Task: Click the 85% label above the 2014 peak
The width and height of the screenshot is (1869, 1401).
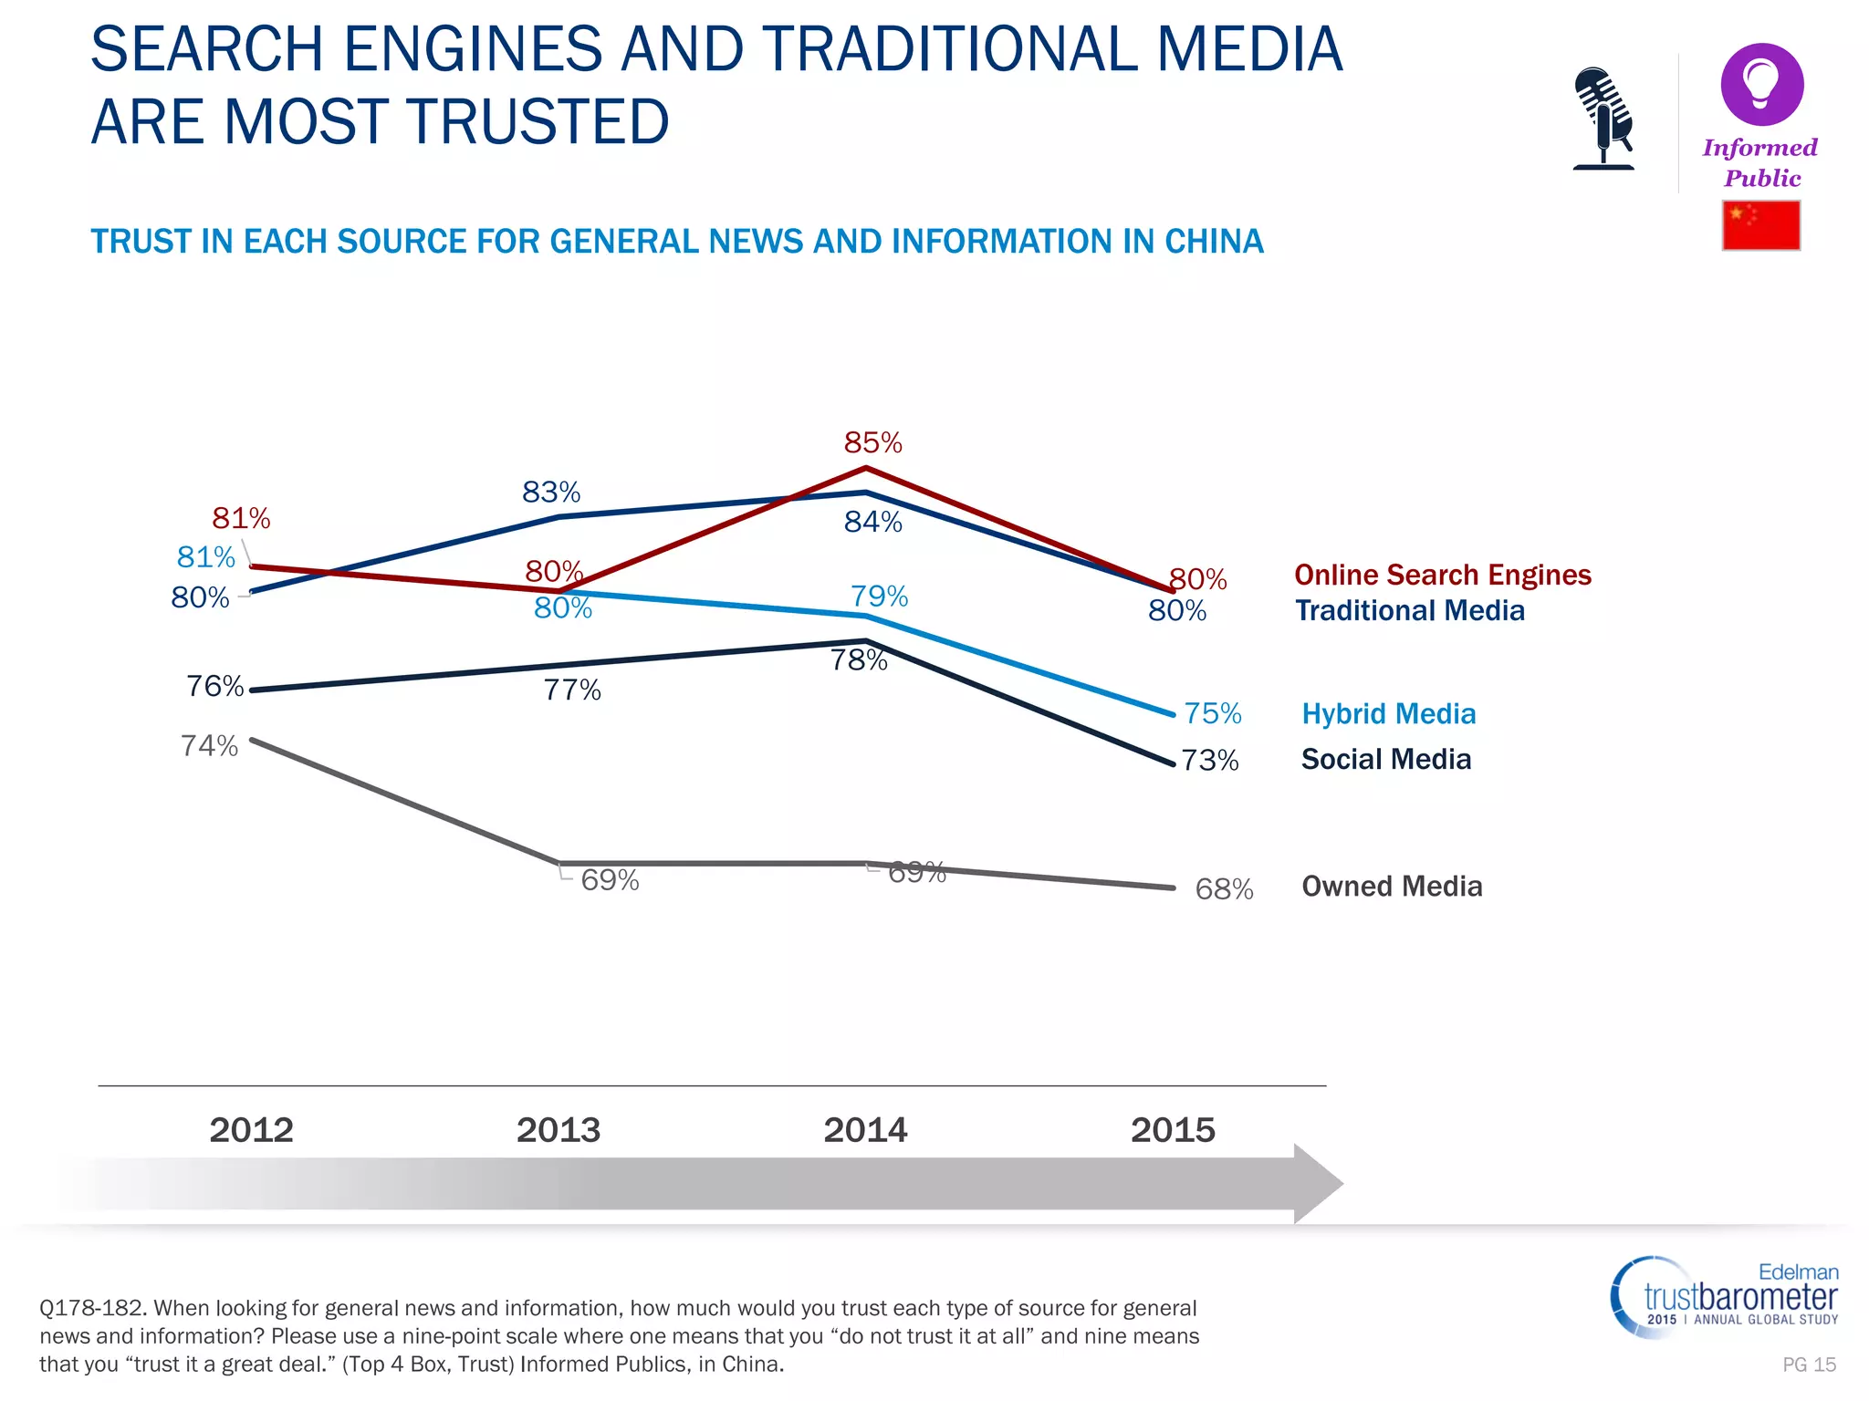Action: pyautogui.click(x=872, y=443)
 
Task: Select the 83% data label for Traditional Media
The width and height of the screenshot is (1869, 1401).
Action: pyautogui.click(x=551, y=493)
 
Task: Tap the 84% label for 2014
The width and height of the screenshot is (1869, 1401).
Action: pyautogui.click(x=872, y=522)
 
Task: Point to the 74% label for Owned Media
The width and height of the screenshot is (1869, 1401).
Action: pyautogui.click(x=209, y=746)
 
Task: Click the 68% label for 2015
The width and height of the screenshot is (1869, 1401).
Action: pyautogui.click(x=1224, y=889)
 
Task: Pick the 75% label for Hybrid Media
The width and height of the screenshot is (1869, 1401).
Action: pyautogui.click(x=1213, y=713)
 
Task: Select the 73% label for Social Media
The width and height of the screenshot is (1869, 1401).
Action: pyautogui.click(x=1210, y=761)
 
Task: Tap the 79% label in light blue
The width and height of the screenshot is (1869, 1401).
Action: pyautogui.click(x=879, y=597)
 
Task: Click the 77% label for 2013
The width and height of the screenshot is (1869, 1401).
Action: pyautogui.click(x=572, y=690)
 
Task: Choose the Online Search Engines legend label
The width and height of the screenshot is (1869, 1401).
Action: pyautogui.click(x=1442, y=576)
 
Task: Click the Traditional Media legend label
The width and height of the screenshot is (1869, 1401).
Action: pyautogui.click(x=1410, y=611)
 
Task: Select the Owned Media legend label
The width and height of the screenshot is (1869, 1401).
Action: pyautogui.click(x=1392, y=887)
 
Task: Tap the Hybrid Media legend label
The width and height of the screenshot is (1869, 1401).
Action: pyautogui.click(x=1388, y=714)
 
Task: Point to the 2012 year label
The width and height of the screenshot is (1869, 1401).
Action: pyautogui.click(x=252, y=1130)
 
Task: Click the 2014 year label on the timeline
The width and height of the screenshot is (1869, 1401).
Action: pyautogui.click(x=865, y=1130)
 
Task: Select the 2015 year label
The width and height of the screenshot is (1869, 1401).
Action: pyautogui.click(x=1173, y=1130)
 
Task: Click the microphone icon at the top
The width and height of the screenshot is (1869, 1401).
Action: pyautogui.click(x=1603, y=118)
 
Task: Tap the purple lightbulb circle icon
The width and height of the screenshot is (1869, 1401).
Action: pyautogui.click(x=1761, y=85)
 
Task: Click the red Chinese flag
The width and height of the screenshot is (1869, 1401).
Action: pyautogui.click(x=1760, y=225)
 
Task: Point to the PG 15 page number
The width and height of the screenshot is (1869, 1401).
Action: pyautogui.click(x=1809, y=1365)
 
